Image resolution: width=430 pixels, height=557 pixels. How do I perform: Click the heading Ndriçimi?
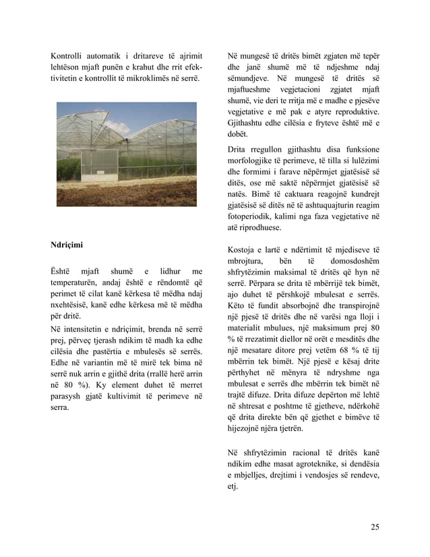(x=68, y=243)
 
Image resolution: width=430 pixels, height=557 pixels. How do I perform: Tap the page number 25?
(x=374, y=527)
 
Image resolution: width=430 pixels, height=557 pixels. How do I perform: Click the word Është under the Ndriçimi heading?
(x=62, y=270)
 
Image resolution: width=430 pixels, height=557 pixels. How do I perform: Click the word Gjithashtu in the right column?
(x=250, y=123)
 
